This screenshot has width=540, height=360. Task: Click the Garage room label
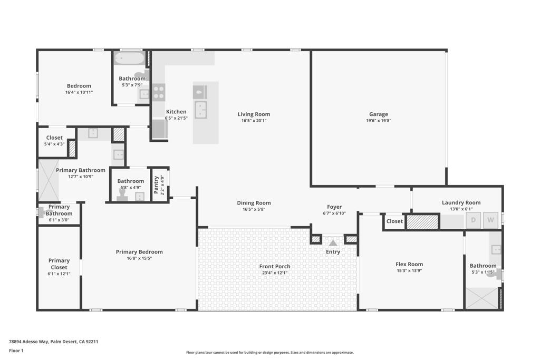(x=378, y=114)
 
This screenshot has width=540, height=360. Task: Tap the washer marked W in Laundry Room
(x=491, y=220)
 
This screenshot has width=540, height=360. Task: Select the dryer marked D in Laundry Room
(x=474, y=220)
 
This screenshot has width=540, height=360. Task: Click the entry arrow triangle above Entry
(x=333, y=243)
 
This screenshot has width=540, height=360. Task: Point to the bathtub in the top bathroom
(x=129, y=58)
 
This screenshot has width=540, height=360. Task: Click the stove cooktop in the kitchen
(x=159, y=92)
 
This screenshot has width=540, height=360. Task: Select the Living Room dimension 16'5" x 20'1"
(x=254, y=121)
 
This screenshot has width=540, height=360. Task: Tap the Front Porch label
(x=275, y=266)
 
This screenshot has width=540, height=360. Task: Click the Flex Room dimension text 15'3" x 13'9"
(x=409, y=271)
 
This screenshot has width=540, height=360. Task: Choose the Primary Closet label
(x=59, y=264)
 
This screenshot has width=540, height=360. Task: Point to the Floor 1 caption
(x=16, y=351)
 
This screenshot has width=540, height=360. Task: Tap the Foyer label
(x=334, y=207)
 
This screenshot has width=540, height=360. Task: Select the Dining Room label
(x=254, y=203)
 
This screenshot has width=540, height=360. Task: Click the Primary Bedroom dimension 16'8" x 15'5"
(x=139, y=258)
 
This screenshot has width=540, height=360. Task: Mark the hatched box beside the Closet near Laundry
(x=422, y=221)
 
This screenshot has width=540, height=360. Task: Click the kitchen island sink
(x=201, y=110)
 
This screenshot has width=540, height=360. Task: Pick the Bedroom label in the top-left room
(x=79, y=86)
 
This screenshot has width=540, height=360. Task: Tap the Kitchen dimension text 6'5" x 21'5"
(x=176, y=118)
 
